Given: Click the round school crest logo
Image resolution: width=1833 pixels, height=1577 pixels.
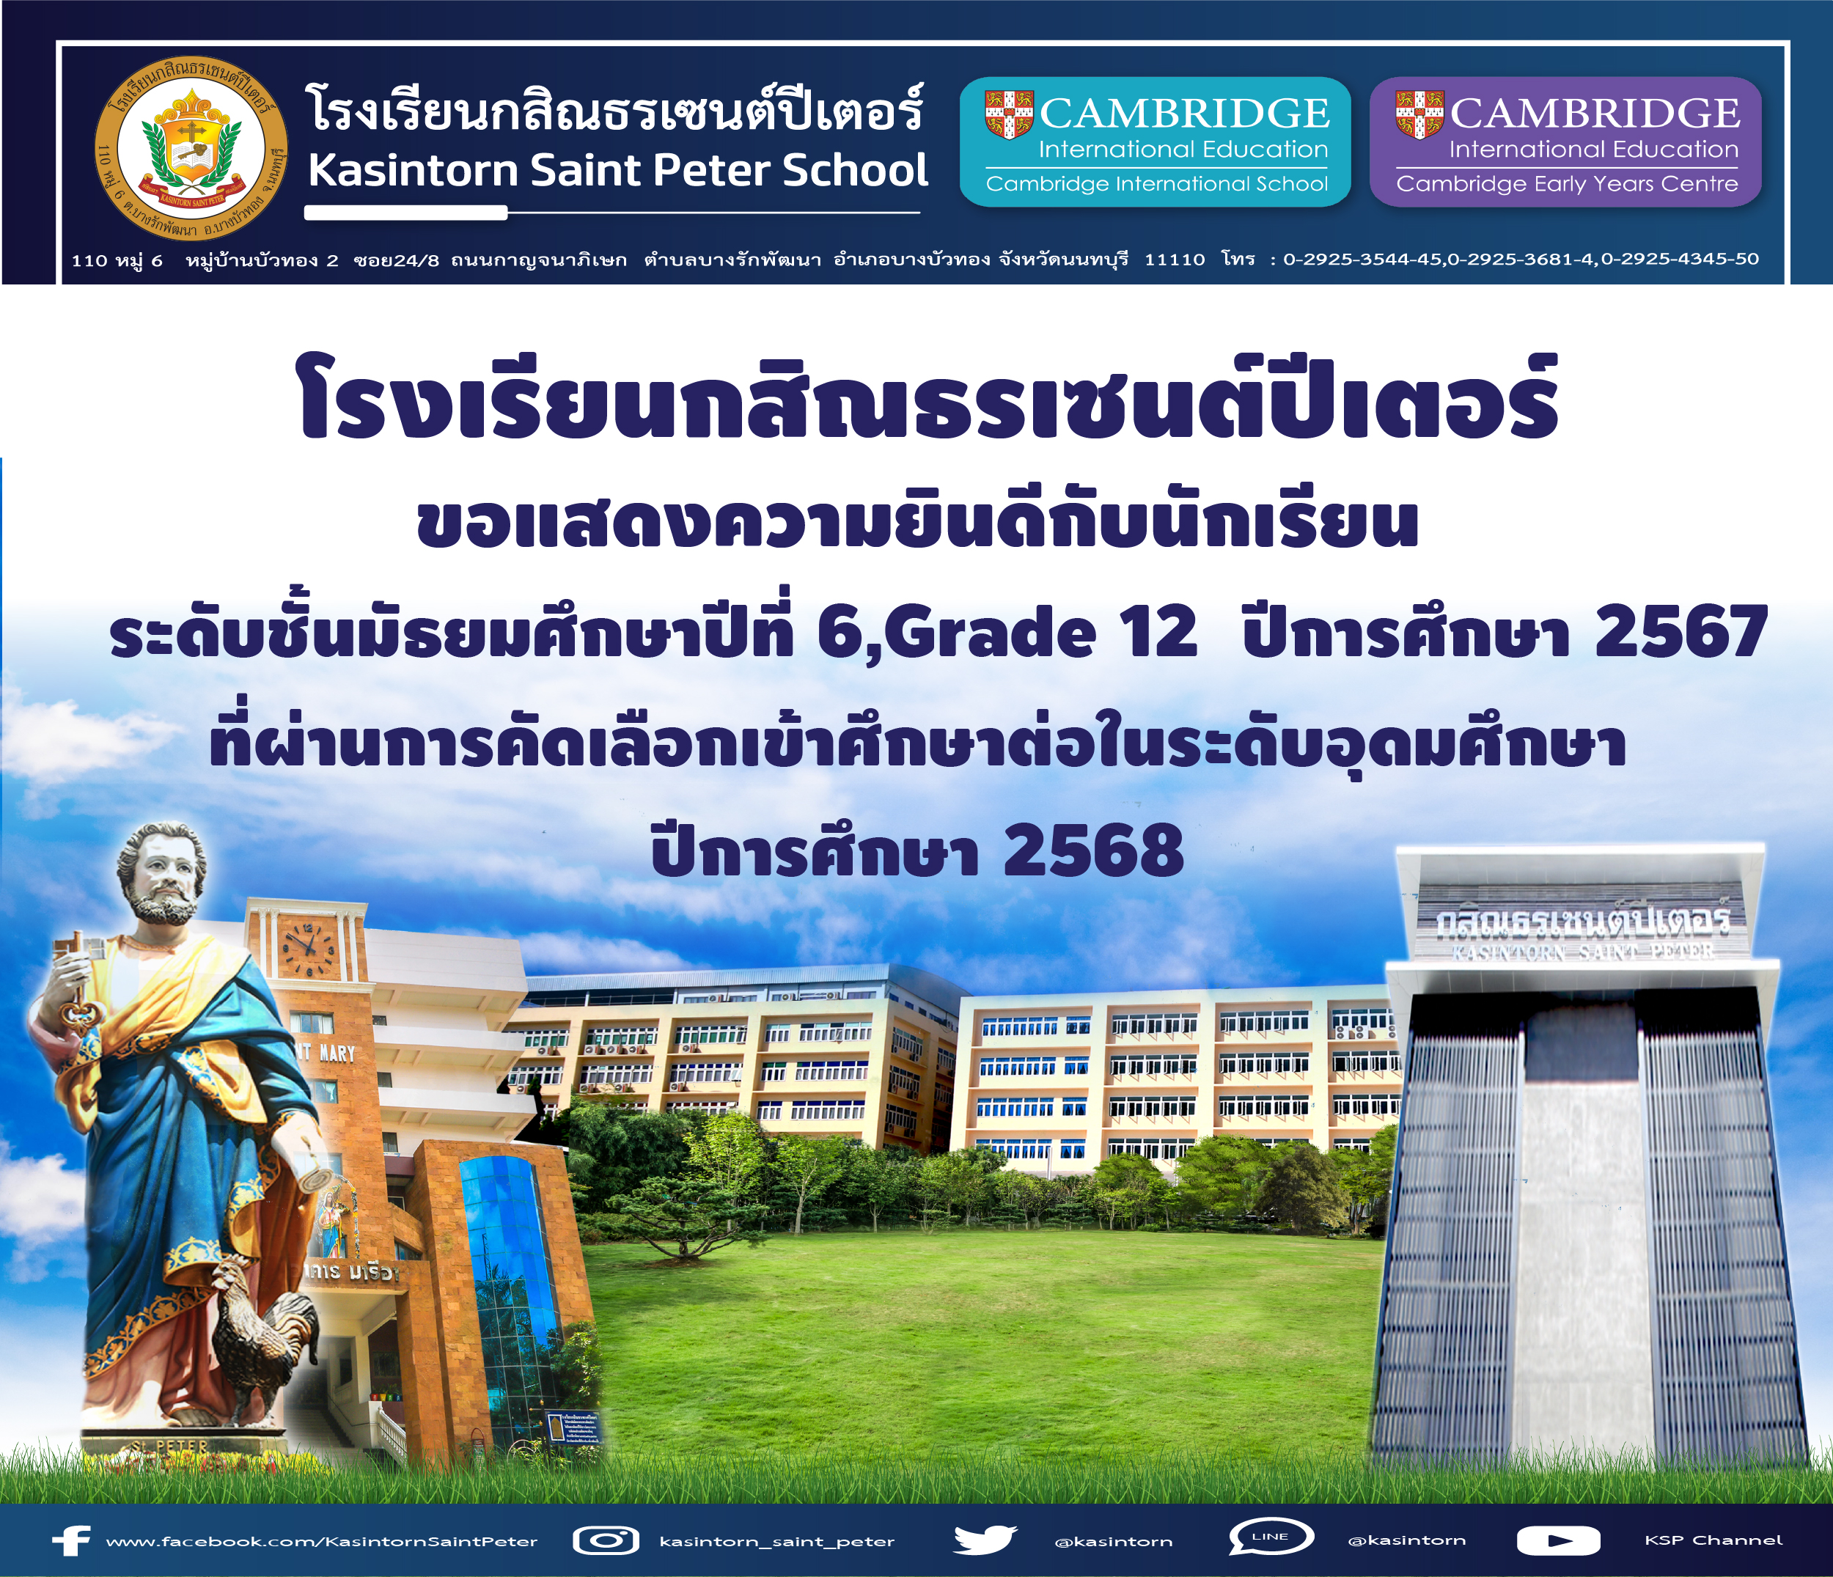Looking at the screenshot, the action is (x=191, y=150).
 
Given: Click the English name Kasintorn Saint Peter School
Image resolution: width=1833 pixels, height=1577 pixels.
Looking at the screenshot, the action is (x=617, y=171).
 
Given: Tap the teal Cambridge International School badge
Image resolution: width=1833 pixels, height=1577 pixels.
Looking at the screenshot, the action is (x=1156, y=142).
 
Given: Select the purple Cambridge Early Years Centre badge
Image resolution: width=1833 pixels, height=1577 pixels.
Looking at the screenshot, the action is (x=1566, y=142).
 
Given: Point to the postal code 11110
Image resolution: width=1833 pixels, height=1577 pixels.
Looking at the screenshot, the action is (x=1175, y=259).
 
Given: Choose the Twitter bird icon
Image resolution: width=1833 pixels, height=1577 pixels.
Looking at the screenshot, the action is (x=985, y=1540).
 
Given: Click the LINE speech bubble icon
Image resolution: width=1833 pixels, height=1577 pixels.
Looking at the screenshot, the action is (x=1271, y=1538).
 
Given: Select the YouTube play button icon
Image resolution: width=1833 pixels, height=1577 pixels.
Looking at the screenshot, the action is (x=1558, y=1541).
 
